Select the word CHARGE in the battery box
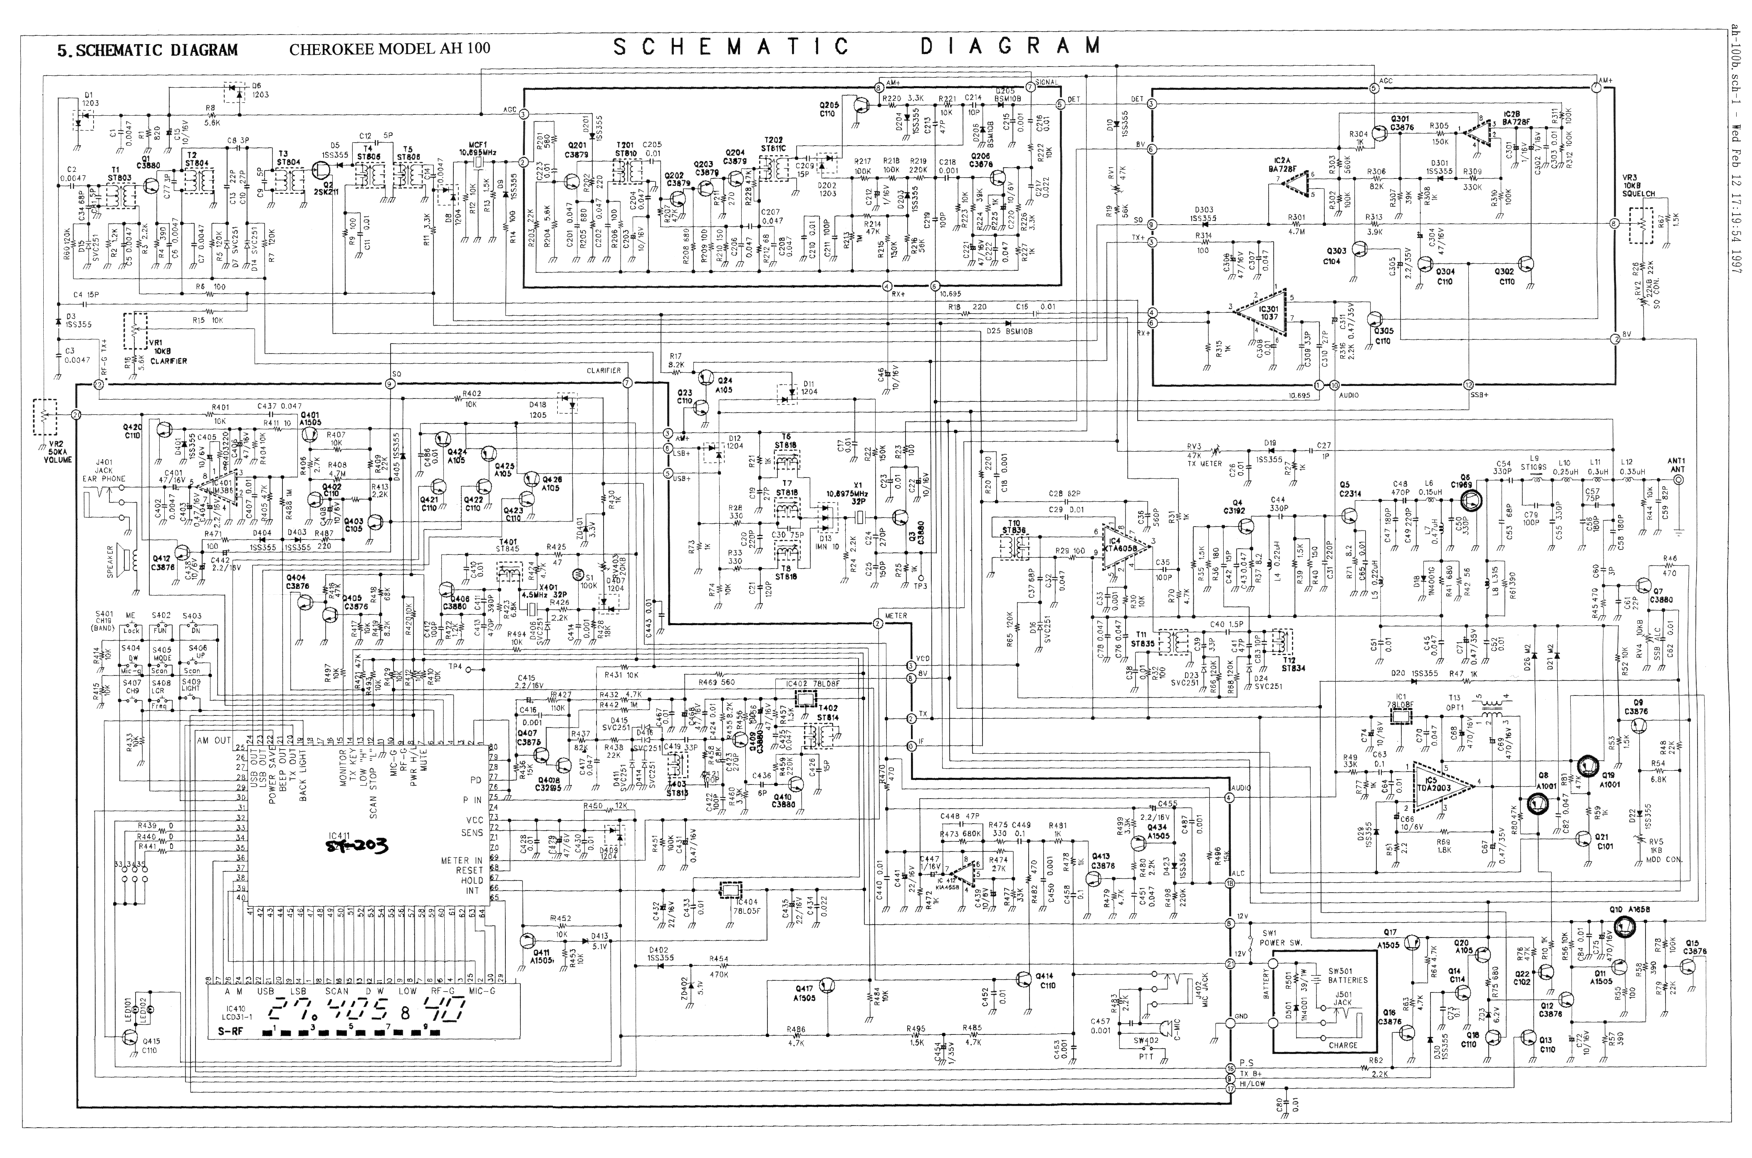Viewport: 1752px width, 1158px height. point(1342,1045)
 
